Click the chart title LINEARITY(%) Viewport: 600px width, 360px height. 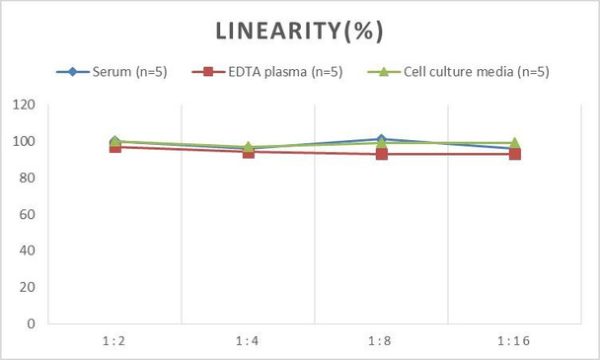coord(299,32)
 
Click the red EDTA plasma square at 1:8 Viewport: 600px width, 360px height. coord(381,154)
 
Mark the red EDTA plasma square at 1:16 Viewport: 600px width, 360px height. coord(514,154)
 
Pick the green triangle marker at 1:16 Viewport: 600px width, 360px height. coord(514,143)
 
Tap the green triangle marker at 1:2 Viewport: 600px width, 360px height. coord(114,141)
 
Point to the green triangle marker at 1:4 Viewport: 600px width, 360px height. coord(248,147)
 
